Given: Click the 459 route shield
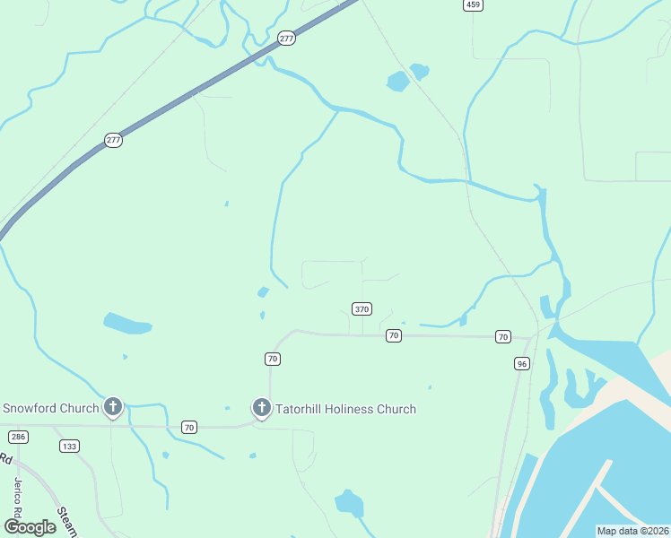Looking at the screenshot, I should point(474,5).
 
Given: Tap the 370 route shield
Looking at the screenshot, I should point(362,309).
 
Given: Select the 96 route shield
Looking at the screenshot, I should point(522,363).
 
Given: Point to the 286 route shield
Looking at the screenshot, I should point(18,437).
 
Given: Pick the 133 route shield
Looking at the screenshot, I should point(69,446).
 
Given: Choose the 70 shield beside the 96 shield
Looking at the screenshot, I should point(502,336).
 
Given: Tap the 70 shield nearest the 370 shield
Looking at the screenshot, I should point(393,335).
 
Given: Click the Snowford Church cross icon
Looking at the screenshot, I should point(113,408).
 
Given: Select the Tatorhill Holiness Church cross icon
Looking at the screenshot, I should point(262,409).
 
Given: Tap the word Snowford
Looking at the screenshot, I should point(31,409).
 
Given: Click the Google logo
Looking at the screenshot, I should point(29,527).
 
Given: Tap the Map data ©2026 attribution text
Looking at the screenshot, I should point(632,531).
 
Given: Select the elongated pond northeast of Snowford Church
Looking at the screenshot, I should point(126,323).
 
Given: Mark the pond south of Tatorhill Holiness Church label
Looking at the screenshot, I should point(349,503).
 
